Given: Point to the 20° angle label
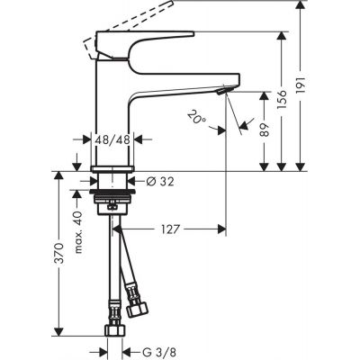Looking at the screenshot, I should tap(196, 117).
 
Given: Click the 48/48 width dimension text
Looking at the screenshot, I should tap(113, 140).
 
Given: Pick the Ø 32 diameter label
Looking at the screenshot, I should tap(157, 181).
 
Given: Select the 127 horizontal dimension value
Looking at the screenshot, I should tap(172, 229).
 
